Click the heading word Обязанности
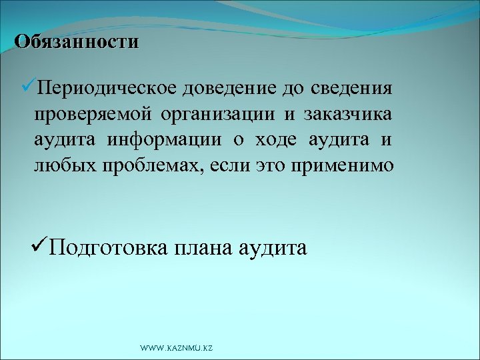pyautogui.click(x=77, y=41)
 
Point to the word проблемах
pyautogui.click(x=154, y=165)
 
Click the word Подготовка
pyautogui.click(x=108, y=249)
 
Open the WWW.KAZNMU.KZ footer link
pyautogui.click(x=176, y=349)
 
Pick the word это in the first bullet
pyautogui.click(x=272, y=165)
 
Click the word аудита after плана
pyautogui.click(x=273, y=249)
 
